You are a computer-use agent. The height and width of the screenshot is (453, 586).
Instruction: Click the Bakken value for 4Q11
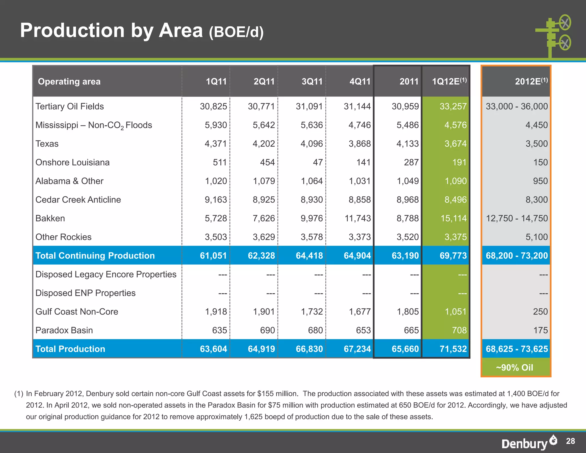[x=357, y=218]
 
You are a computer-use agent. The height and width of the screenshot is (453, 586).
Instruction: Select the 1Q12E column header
[x=449, y=82]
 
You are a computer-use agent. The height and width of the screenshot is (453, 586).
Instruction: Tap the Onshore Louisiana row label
[x=72, y=162]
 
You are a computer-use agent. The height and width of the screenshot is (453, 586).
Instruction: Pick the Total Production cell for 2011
[x=405, y=349]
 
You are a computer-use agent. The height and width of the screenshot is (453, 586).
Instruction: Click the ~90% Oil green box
[x=515, y=367]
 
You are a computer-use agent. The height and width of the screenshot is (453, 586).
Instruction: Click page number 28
[x=570, y=441]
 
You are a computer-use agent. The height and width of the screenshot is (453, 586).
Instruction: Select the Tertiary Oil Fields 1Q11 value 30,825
[x=213, y=107]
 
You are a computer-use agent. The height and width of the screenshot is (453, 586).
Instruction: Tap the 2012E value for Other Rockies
[x=536, y=237]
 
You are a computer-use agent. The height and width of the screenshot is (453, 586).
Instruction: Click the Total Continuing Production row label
[x=95, y=255]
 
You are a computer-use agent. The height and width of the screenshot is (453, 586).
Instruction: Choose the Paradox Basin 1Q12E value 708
[x=459, y=330]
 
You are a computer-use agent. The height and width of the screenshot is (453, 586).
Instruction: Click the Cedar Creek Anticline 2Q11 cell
[x=264, y=200]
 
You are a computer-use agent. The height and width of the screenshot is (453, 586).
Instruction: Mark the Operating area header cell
[x=69, y=82]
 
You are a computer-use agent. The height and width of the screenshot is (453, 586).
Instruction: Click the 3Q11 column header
[x=312, y=82]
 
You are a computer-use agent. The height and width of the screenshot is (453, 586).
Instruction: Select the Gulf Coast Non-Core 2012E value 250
[x=540, y=312]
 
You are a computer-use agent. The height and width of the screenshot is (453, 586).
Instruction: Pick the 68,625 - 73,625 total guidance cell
[x=516, y=349]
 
